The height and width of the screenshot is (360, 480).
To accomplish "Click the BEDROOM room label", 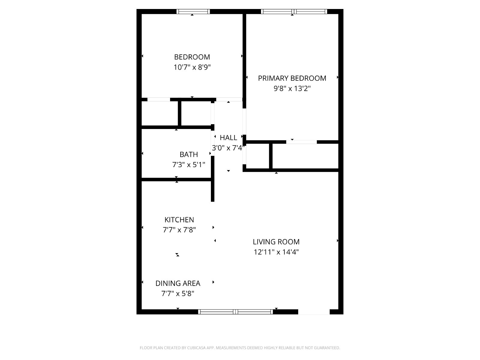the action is [x=192, y=57].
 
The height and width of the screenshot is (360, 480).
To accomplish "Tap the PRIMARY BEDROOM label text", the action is [x=292, y=78].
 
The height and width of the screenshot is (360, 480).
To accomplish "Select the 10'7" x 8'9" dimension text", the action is [x=192, y=67].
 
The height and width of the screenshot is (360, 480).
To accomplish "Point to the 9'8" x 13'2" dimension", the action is [x=292, y=88].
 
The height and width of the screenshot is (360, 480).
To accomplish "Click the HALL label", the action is [x=228, y=138].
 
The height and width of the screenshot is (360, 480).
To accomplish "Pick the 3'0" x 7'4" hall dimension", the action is [x=228, y=148].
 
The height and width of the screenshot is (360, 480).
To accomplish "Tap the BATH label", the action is [x=188, y=154].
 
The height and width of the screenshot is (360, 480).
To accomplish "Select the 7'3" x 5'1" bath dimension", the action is [x=188, y=165].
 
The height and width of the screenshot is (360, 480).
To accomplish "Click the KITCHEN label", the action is [x=179, y=220].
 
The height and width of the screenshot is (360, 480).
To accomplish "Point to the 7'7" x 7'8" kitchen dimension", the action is [x=179, y=230].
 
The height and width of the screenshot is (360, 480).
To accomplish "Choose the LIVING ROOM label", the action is [x=276, y=242].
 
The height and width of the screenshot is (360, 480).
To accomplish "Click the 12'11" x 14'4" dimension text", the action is [x=276, y=252].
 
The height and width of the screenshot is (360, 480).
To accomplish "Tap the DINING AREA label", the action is [x=178, y=283].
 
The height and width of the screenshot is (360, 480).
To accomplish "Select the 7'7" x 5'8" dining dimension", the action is [x=178, y=293].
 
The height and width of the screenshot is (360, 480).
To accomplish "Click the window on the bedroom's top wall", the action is [x=193, y=12].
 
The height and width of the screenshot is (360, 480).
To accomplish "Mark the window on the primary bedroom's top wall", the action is [x=294, y=12].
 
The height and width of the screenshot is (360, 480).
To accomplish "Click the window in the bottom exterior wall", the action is [x=235, y=312].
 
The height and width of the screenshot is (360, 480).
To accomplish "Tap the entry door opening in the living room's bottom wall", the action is [x=314, y=312].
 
